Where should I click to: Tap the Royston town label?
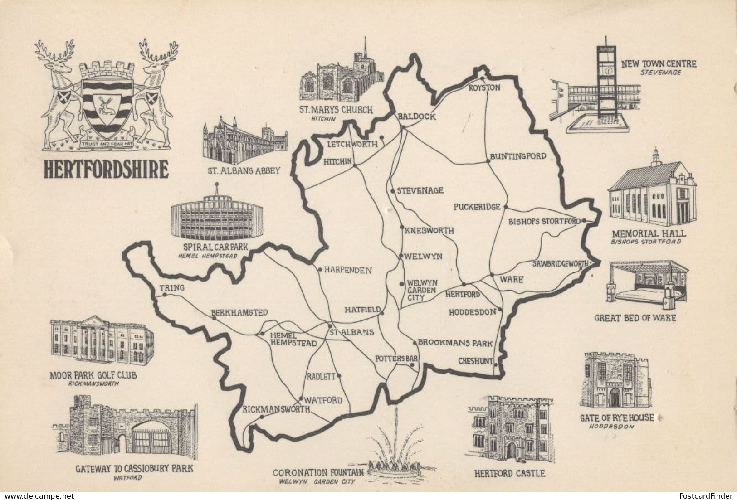(485, 87)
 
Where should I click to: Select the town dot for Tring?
(164, 295)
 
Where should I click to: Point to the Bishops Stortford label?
(544, 222)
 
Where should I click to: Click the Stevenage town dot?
(392, 191)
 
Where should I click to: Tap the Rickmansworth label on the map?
(276, 409)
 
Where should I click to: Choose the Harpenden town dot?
(320, 270)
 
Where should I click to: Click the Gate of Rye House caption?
(617, 417)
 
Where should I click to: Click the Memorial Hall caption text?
(649, 233)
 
